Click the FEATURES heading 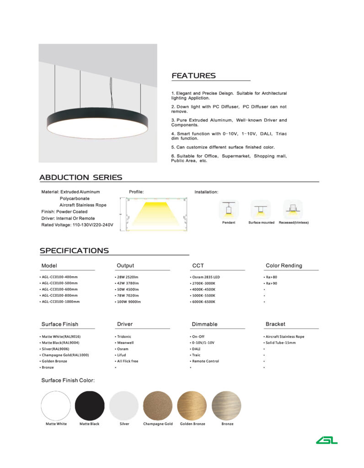pos(193,76)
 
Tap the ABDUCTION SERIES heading pos(80,177)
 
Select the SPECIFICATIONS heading pos(74,250)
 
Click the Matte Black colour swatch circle pos(90,405)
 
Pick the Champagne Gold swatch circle pos(158,405)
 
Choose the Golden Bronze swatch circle pos(192,405)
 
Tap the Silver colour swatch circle pos(124,405)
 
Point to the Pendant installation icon pos(229,210)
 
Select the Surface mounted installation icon pos(261,210)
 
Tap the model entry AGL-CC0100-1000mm pos(60,302)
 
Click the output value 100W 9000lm pos(128,302)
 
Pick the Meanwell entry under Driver pos(125,343)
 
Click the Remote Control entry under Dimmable pos(205,361)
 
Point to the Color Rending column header pos(284,266)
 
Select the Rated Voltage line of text pos(77,225)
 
